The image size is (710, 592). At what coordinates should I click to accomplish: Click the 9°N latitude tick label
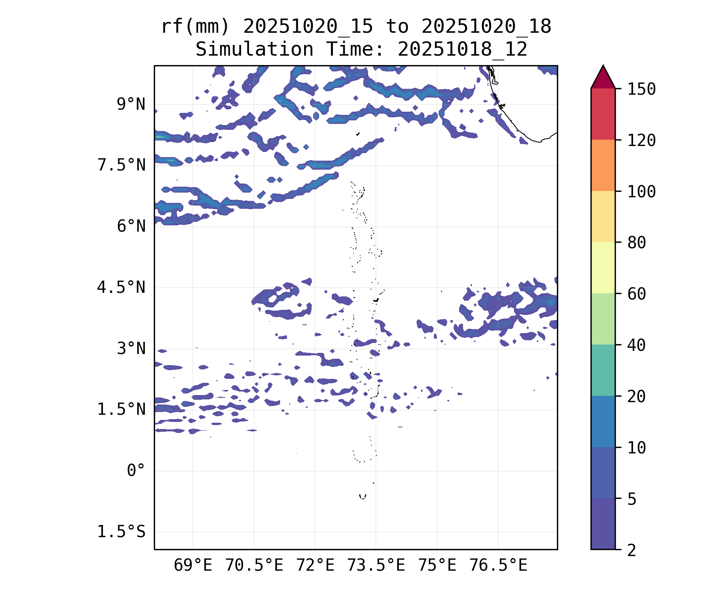pos(131,105)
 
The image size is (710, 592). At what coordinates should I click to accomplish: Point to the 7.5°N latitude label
pos(121,165)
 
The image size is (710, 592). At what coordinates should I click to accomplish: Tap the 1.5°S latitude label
pos(121,532)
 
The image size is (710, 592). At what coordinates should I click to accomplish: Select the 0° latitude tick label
pos(136,471)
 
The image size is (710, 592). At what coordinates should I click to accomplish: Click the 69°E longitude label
pos(193,566)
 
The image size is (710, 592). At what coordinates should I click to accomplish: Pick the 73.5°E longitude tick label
pos(376,566)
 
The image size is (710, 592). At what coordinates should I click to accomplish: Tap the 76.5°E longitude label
pos(498,566)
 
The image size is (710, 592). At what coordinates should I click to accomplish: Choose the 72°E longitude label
pos(315,566)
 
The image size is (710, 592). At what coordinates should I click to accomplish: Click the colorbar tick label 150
pos(641,89)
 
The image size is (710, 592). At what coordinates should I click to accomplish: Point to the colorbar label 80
pos(637,243)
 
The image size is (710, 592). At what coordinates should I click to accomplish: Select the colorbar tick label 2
pos(632,550)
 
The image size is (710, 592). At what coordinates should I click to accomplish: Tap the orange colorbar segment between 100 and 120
pos(603,165)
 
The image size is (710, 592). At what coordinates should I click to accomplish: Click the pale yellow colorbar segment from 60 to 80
pos(603,268)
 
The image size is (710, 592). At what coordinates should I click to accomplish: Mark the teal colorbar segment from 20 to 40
pos(603,370)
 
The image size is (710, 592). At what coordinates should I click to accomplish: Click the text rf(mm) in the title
pos(195,27)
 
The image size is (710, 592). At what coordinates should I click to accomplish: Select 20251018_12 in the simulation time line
pos(462,50)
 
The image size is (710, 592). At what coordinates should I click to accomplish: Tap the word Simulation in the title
pos(254,50)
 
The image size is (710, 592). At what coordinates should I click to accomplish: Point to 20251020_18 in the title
pos(486,27)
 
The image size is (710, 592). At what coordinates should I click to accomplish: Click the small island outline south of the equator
pos(362,496)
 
